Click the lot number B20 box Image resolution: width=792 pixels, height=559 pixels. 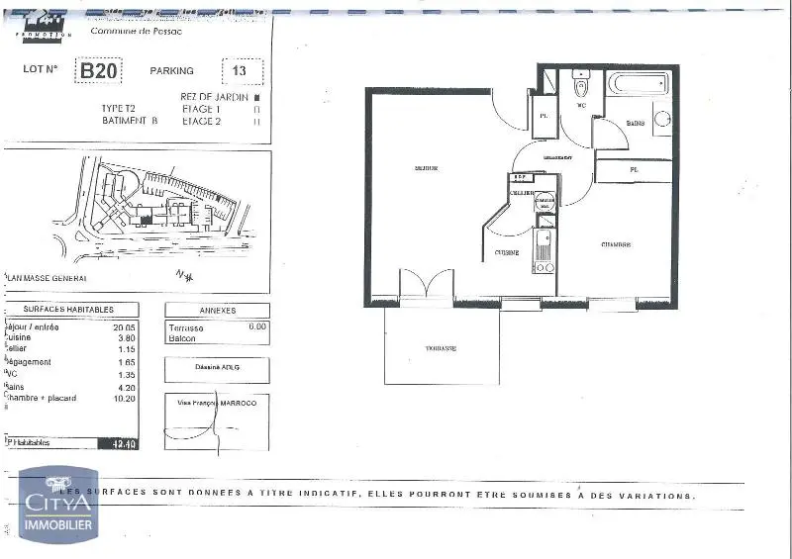[100, 71]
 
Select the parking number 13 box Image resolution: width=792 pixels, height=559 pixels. [240, 71]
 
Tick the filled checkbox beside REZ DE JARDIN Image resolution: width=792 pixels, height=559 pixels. [256, 98]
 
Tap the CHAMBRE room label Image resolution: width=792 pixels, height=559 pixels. [616, 244]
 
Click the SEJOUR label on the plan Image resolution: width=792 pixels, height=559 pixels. [427, 168]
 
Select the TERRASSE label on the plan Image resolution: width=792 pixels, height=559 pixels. [441, 348]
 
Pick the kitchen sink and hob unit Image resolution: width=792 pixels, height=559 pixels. [544, 251]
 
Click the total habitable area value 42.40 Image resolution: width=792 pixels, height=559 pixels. [126, 444]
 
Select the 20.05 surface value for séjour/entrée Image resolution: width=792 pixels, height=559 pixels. [123, 326]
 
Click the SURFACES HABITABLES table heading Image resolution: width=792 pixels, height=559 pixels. [68, 310]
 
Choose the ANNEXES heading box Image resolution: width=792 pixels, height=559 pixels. [217, 310]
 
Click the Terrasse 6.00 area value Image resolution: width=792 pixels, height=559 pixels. [257, 326]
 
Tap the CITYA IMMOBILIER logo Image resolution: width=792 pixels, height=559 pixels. [58, 504]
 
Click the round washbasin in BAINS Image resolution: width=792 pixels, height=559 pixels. [662, 122]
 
